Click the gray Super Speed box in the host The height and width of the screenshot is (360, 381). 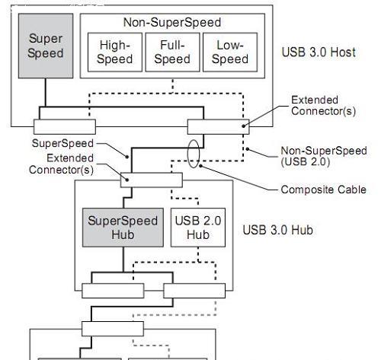[x=46, y=46]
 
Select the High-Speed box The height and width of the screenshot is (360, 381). [x=115, y=53]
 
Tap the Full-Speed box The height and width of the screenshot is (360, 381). [x=172, y=53]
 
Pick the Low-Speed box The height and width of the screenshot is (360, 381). [x=230, y=53]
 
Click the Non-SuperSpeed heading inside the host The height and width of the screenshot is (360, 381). [x=172, y=22]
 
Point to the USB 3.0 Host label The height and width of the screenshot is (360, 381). [x=319, y=53]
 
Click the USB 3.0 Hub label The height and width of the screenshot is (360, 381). [x=277, y=230]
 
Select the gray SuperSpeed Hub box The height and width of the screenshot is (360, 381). [x=123, y=228]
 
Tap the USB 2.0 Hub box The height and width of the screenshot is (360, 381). [x=198, y=228]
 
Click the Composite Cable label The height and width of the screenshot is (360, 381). [x=324, y=190]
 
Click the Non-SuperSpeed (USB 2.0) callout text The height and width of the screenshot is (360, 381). [x=324, y=156]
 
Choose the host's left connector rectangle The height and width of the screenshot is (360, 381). [x=65, y=126]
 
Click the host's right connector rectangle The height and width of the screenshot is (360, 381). [x=219, y=126]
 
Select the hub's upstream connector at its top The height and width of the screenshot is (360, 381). [x=152, y=180]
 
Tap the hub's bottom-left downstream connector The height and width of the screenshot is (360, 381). [x=113, y=291]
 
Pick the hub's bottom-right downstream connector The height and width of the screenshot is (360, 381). [x=194, y=291]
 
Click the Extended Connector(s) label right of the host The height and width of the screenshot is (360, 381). [x=323, y=106]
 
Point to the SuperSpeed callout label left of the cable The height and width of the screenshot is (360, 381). [x=62, y=143]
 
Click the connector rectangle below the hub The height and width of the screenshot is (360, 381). [x=113, y=329]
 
